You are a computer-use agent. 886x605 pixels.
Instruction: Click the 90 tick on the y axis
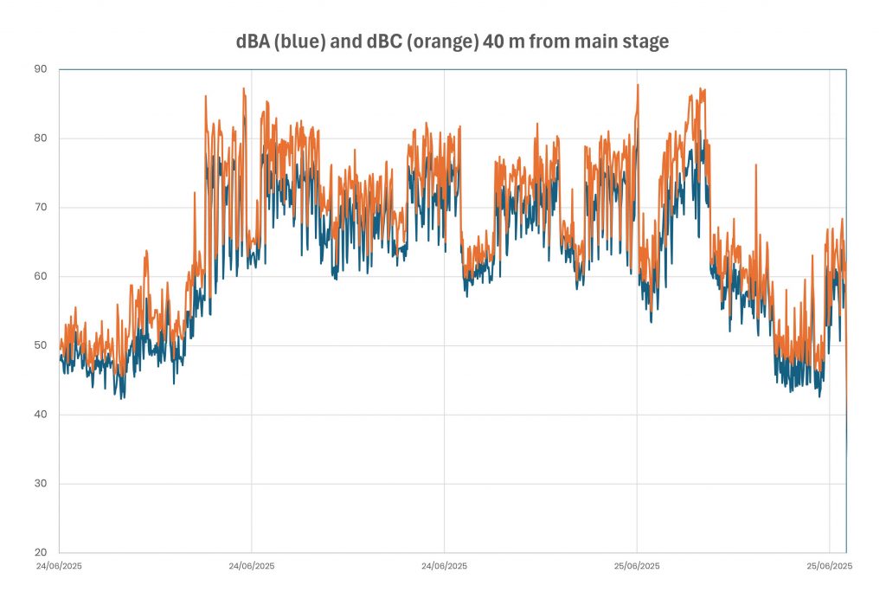tap(41, 69)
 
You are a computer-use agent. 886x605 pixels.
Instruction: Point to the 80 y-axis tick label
tap(41, 138)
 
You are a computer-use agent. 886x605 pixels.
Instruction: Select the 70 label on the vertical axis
tap(41, 208)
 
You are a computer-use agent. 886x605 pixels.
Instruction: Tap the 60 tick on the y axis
tap(41, 277)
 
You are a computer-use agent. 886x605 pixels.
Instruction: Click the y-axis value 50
tap(41, 345)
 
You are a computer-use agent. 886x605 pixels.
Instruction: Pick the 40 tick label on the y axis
tap(41, 415)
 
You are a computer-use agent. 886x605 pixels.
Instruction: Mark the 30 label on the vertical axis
tap(41, 484)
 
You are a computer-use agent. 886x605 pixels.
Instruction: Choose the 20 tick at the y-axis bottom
tap(41, 553)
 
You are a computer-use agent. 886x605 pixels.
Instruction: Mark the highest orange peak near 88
tap(638, 85)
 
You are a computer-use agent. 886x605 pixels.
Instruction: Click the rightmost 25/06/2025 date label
tap(829, 566)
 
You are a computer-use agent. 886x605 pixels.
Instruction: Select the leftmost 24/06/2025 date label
tap(59, 566)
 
